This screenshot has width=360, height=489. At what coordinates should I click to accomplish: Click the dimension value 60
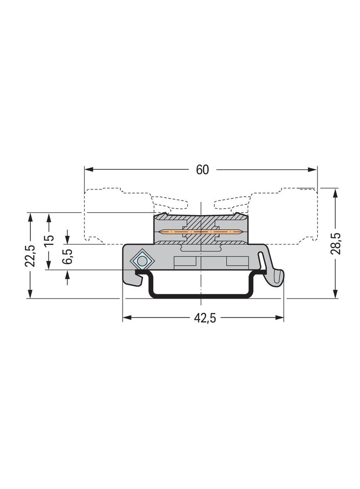(x=202, y=170)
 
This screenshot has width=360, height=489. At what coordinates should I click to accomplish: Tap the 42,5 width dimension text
(x=205, y=318)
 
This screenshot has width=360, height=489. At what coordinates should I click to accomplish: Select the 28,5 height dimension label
(x=336, y=244)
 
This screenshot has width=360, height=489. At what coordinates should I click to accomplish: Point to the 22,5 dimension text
(x=30, y=256)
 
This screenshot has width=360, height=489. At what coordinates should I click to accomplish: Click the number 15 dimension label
(x=49, y=240)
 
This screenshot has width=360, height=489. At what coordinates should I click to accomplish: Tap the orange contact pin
(x=202, y=232)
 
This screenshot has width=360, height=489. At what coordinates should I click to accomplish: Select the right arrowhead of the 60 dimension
(x=312, y=170)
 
